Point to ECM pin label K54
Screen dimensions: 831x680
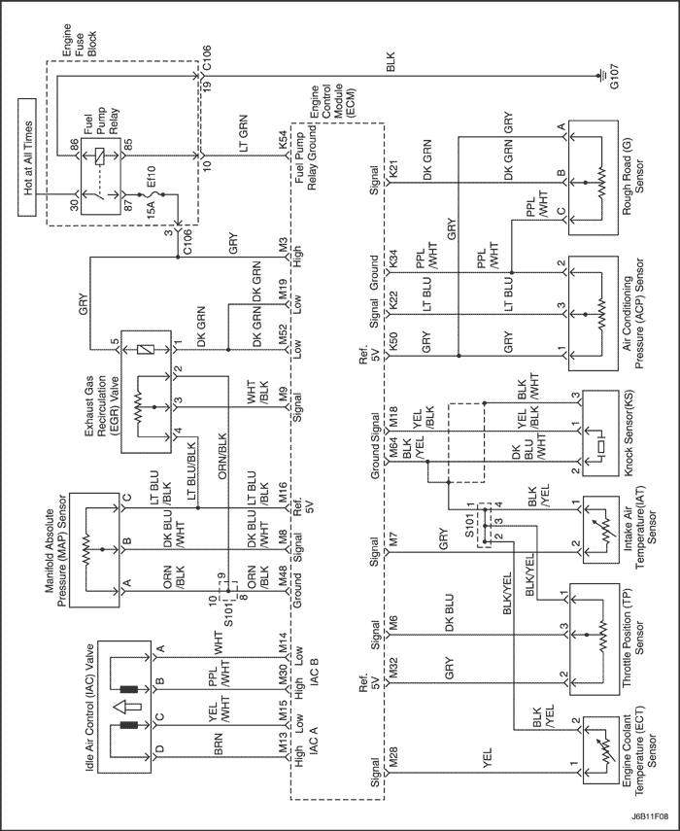click(x=283, y=143)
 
